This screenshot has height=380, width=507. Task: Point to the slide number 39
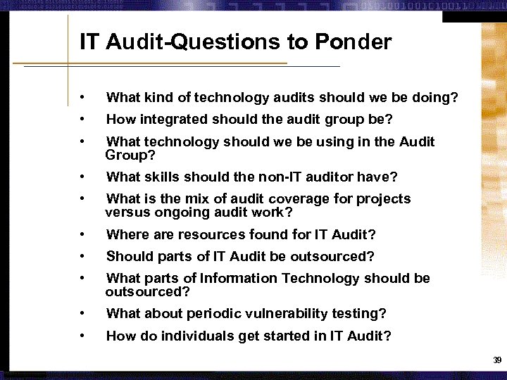[497, 360]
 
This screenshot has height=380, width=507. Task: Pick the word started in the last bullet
[285, 336]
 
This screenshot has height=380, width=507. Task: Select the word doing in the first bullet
[435, 97]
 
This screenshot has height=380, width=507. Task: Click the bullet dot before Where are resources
[83, 234]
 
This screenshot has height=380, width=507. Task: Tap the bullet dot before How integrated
[83, 120]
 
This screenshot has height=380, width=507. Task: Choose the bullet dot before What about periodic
[83, 313]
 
